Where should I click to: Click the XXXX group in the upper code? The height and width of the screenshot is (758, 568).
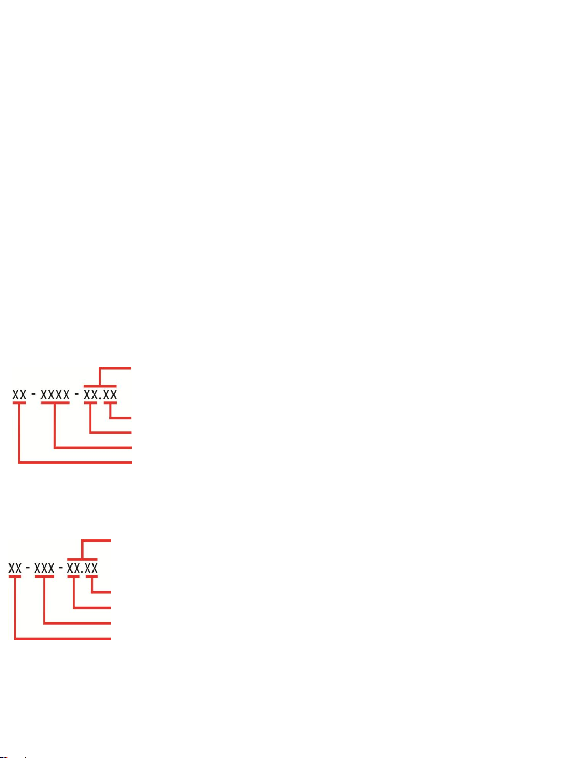click(55, 395)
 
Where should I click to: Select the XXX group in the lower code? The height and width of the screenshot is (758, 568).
click(44, 568)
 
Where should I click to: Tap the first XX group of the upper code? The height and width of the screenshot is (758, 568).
click(19, 395)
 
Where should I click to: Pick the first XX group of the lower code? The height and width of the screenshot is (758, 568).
click(15, 568)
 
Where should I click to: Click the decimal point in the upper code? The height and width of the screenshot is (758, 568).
click(100, 398)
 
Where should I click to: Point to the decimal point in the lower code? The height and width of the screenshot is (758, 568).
click(82, 572)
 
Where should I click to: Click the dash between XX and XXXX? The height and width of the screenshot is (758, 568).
click(34, 395)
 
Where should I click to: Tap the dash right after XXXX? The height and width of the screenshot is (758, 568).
click(77, 395)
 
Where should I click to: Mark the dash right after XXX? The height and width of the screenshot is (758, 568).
click(61, 568)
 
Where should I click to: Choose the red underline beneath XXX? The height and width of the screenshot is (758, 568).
click(44, 577)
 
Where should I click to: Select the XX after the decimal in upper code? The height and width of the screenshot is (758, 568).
click(110, 395)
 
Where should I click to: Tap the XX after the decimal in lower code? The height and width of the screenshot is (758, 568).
click(91, 568)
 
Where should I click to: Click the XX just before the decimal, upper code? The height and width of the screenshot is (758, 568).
click(90, 395)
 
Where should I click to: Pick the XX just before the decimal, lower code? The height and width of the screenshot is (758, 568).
click(74, 568)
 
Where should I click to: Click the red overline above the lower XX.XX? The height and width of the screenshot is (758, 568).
click(82, 559)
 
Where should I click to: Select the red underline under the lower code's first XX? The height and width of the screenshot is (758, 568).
click(15, 577)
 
